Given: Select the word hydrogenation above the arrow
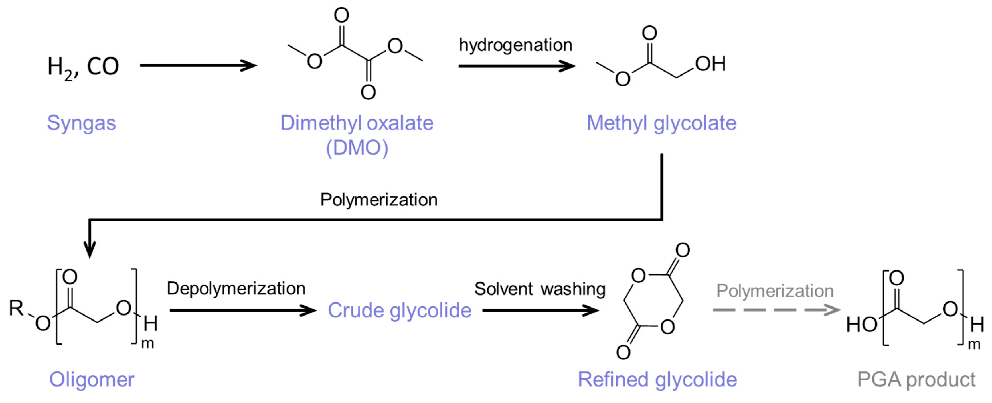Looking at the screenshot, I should [515, 45].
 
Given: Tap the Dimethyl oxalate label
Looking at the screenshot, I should [357, 123].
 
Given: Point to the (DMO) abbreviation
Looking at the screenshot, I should [357, 148].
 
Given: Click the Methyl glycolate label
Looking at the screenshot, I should [661, 123].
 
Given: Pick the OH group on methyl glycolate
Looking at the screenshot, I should [710, 64].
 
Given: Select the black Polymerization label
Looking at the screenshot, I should [379, 200].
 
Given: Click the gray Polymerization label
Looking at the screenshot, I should [775, 291].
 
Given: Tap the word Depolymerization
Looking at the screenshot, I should [236, 289].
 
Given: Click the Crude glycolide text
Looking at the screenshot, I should [399, 310].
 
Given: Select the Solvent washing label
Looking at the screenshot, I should [540, 289].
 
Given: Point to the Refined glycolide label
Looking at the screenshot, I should [657, 380].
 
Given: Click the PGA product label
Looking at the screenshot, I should [916, 380].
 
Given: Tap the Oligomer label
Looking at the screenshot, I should [92, 380].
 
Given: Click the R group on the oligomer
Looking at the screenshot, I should [16, 308].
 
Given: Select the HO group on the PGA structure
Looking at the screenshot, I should [861, 324].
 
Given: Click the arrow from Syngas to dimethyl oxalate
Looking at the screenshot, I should [198, 66].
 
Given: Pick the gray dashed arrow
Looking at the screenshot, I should [776, 310].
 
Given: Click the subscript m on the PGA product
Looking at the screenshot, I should [974, 345].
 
